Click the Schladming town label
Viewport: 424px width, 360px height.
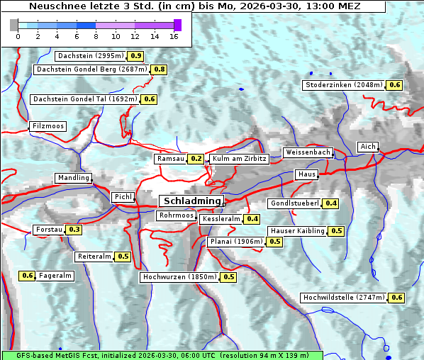click(191, 201)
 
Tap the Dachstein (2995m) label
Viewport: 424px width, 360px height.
click(90, 56)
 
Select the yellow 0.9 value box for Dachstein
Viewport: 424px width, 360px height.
click(135, 56)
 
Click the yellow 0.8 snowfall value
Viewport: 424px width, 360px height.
click(159, 69)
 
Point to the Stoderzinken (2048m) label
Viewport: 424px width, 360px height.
click(344, 85)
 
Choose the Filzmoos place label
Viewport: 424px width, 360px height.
click(48, 126)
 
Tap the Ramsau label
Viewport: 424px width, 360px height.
click(171, 159)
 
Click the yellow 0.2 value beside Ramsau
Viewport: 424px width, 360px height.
click(196, 159)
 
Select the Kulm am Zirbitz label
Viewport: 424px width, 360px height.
click(239, 159)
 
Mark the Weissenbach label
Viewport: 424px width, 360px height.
click(308, 152)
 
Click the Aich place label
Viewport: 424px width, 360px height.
click(368, 147)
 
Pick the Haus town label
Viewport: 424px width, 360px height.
click(306, 174)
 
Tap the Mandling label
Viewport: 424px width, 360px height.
click(74, 178)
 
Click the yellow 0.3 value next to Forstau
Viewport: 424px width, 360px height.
click(74, 230)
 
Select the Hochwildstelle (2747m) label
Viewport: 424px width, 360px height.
click(343, 298)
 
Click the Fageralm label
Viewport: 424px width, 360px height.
click(55, 276)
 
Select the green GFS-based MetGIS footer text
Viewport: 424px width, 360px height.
click(162, 355)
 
